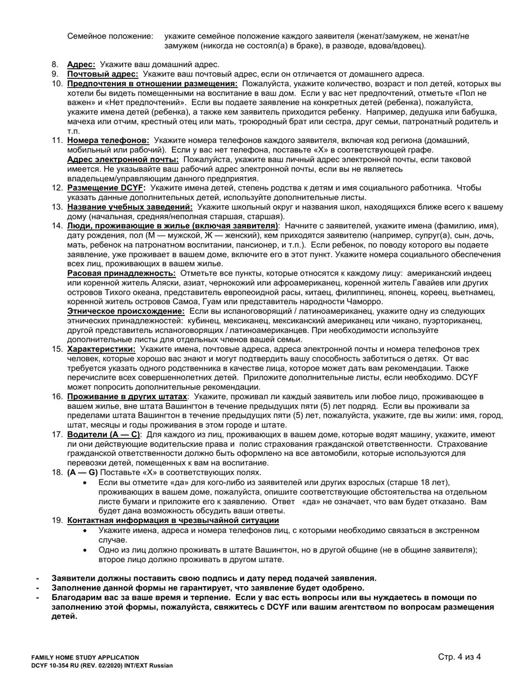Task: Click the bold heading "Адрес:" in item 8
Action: point(81,64)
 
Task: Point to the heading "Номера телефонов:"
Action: point(108,140)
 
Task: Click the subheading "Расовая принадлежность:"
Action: point(122,273)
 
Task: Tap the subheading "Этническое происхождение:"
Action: point(127,310)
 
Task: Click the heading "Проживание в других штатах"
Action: point(127,396)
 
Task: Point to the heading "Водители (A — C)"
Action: point(103,434)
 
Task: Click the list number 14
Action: point(57,226)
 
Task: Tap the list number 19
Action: point(57,520)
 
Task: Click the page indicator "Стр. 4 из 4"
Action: point(459,657)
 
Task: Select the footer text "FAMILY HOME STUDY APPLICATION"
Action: point(85,657)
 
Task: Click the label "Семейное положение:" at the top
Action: point(110,36)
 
